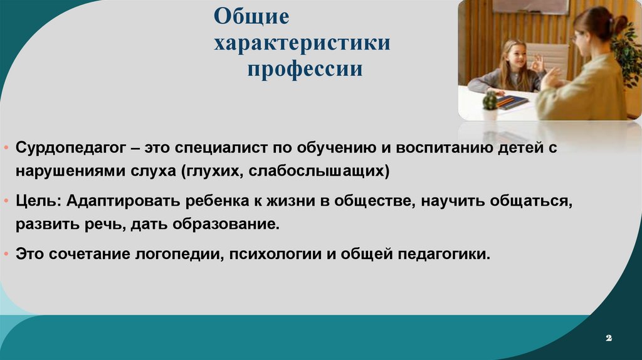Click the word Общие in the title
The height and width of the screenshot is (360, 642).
251,17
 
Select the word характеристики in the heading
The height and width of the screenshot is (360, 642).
302,43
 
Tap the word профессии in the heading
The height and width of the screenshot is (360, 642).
304,68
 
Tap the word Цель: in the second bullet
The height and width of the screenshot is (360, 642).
37,203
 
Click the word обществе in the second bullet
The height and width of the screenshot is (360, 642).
371,203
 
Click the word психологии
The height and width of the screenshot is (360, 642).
274,255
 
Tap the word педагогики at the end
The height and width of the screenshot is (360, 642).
444,255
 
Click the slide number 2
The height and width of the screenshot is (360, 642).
608,338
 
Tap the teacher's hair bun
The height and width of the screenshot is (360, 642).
620,24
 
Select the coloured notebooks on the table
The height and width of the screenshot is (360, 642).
512,102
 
